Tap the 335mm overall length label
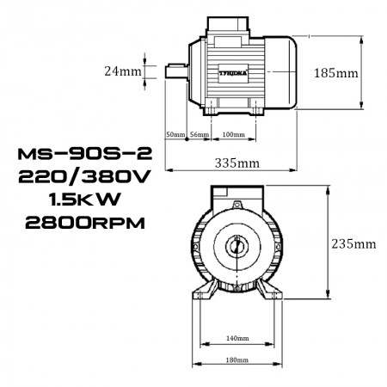(x=236, y=162)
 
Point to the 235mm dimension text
(x=353, y=243)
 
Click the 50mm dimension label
(x=175, y=135)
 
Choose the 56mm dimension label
(x=200, y=135)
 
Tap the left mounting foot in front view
(x=204, y=291)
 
